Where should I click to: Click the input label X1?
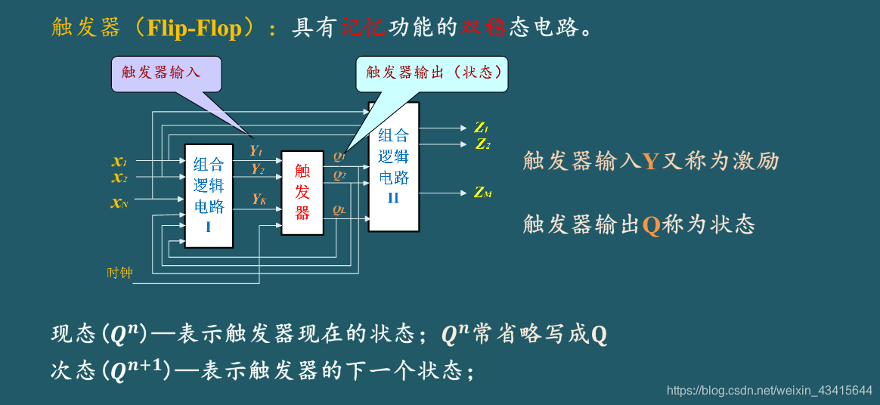[119, 161]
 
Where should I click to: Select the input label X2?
[119, 178]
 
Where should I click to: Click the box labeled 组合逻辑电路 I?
[209, 195]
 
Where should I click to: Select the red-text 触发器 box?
[302, 192]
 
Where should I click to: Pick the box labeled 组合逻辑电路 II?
[393, 166]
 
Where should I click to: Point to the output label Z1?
[482, 128]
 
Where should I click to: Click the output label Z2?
[483, 144]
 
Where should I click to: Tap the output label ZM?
[483, 193]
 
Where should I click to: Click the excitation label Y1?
[256, 150]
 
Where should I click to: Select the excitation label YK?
[259, 199]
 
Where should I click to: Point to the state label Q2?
[339, 176]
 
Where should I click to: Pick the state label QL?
[339, 209]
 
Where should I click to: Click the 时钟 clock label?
[119, 273]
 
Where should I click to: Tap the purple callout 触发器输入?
[161, 73]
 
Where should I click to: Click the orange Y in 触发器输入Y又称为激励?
[651, 161]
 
